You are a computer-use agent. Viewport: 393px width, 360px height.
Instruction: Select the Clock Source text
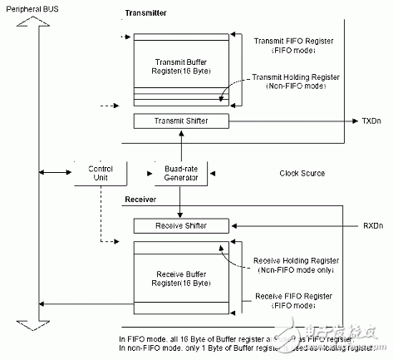303,174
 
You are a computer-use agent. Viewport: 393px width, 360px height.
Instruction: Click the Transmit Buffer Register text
180,66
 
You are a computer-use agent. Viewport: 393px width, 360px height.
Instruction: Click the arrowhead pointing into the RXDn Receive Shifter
238,225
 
